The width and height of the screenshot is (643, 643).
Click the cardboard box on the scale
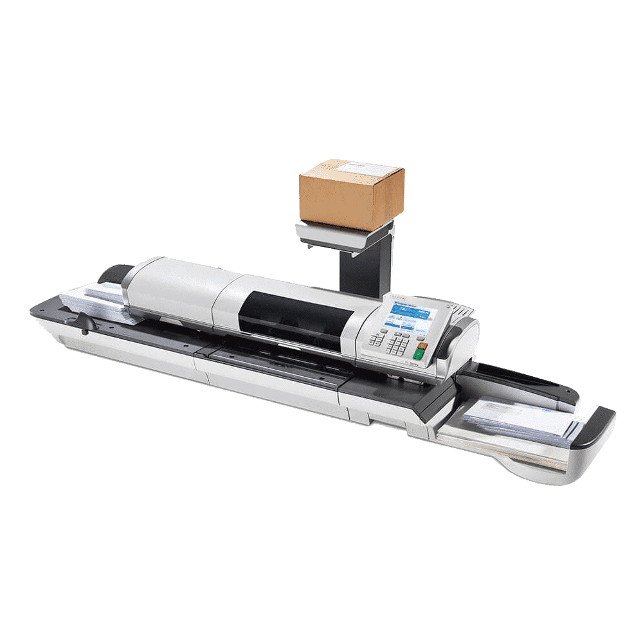click(x=352, y=195)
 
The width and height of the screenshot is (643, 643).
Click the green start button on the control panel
click(x=419, y=353)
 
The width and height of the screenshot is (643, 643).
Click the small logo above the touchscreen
click(x=394, y=298)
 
